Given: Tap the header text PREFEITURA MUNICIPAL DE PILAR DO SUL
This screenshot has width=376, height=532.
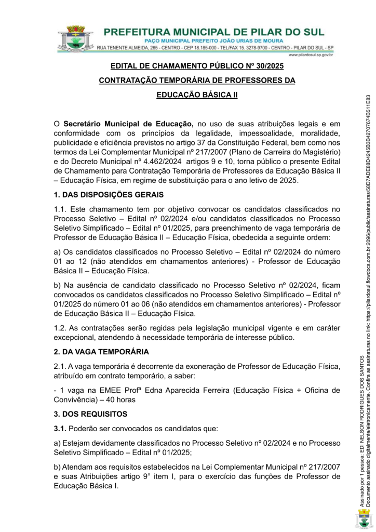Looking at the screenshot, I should click(x=219, y=31).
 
